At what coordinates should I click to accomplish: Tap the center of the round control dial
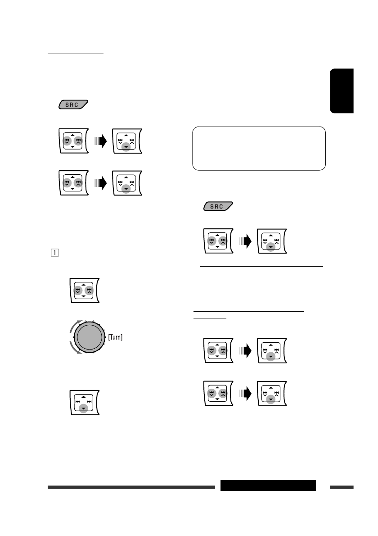click(x=89, y=336)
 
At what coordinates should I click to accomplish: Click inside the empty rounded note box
click(x=259, y=148)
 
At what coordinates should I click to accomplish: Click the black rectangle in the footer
click(x=268, y=486)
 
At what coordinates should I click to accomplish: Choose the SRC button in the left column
click(x=73, y=104)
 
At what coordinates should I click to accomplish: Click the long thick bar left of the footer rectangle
click(x=131, y=487)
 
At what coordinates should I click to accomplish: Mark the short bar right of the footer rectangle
click(x=342, y=487)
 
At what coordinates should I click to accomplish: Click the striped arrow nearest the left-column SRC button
click(x=102, y=142)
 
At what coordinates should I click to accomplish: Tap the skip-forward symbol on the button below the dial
click(x=90, y=401)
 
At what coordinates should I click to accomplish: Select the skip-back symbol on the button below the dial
click(x=77, y=401)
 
